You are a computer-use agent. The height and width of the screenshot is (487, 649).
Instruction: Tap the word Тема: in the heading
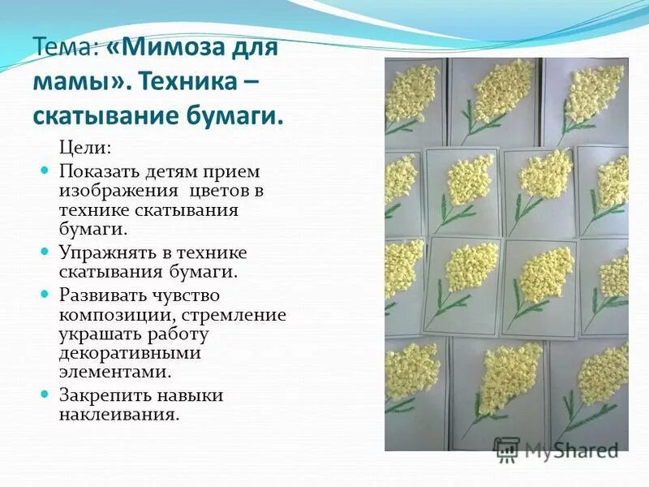tap(64, 46)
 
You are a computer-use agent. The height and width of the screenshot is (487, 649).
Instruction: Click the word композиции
tap(115, 314)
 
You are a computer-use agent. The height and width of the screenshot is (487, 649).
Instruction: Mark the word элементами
tap(115, 372)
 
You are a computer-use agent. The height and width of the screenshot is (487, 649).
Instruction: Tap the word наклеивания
tap(118, 414)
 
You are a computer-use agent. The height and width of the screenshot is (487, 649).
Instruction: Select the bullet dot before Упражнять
tap(45, 252)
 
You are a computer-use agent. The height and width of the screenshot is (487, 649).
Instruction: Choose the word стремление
tap(241, 314)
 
